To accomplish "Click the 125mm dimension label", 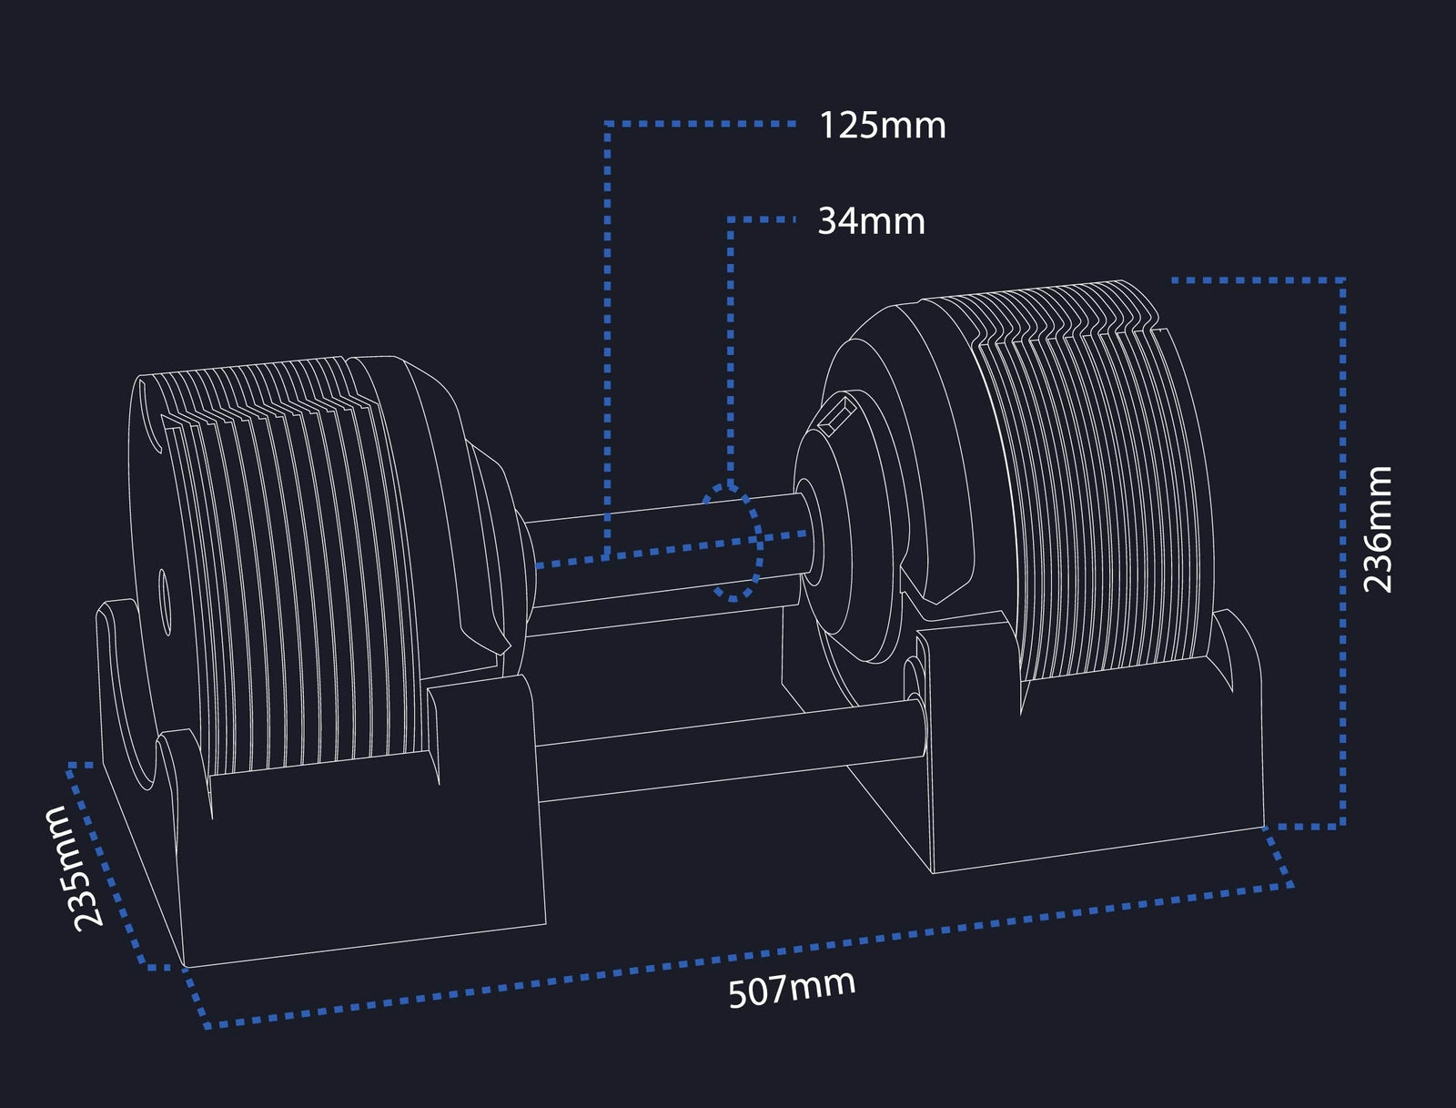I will click(882, 126).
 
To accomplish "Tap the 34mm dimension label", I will click(871, 221).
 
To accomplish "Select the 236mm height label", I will click(1378, 529).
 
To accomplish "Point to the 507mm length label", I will click(792, 988).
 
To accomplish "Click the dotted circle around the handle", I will click(733, 543).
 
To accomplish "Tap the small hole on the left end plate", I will click(163, 601).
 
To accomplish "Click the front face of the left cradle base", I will click(364, 874).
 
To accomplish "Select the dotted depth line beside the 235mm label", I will click(114, 865).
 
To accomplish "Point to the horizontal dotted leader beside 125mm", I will click(701, 123).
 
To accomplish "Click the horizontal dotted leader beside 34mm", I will click(762, 219).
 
